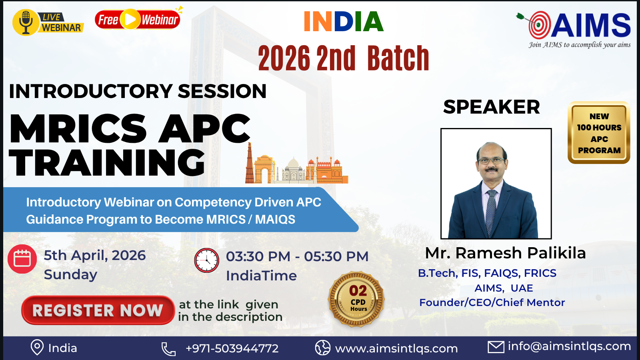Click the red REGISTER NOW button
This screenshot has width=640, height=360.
pos(98,310)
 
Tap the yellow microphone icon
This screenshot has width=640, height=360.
pos(26,22)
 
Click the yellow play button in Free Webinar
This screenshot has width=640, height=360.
pos(130,20)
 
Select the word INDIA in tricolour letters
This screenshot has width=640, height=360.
pos(344,22)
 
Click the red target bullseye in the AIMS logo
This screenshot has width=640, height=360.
pos(539,25)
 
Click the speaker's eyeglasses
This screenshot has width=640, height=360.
pos(490,160)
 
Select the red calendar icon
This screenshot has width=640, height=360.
pos(22,259)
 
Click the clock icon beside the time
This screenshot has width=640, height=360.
pos(206,260)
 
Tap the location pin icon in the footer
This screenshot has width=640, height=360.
pos(37,348)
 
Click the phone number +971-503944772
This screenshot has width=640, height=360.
pos(232,348)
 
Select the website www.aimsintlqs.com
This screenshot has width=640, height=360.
pos(396,348)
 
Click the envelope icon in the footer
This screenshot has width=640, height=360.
pos(496,347)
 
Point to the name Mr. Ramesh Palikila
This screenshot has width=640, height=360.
pos(505,253)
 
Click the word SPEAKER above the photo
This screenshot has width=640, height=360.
pos(492,107)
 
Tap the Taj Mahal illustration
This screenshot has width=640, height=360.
pos(293,170)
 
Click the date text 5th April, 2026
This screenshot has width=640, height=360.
pos(94,255)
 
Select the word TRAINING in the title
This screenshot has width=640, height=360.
pos(107,162)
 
